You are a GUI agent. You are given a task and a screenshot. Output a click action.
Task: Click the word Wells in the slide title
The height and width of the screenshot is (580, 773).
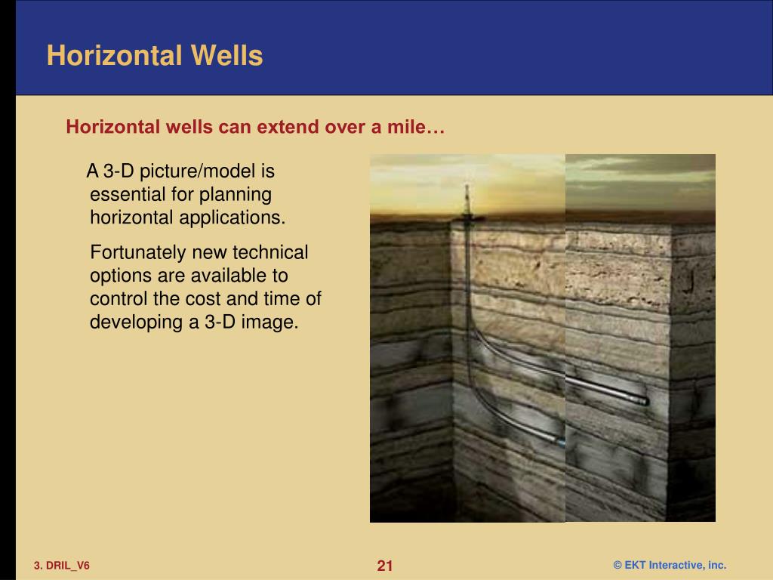(x=226, y=56)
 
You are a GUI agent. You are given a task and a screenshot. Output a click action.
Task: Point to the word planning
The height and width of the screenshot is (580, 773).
(x=236, y=194)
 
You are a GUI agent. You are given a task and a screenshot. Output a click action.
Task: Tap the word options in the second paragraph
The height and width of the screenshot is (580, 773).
(x=117, y=275)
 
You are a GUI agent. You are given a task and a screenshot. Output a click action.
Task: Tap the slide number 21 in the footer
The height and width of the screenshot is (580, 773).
(x=385, y=566)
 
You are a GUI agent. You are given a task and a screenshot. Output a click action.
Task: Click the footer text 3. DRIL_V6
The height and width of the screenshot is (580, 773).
(x=61, y=566)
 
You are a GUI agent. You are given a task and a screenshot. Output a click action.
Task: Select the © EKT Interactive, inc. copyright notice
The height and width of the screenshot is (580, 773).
(x=669, y=566)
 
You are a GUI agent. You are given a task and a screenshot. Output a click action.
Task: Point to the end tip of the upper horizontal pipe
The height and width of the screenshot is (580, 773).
(x=644, y=401)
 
